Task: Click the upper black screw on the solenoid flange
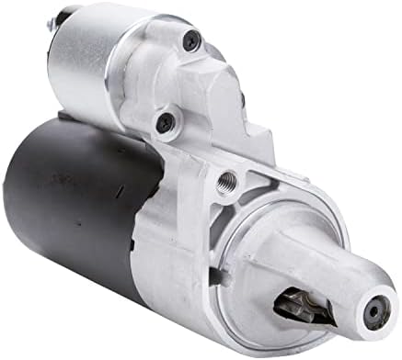click(x=192, y=39)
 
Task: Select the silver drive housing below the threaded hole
click(x=198, y=239)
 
